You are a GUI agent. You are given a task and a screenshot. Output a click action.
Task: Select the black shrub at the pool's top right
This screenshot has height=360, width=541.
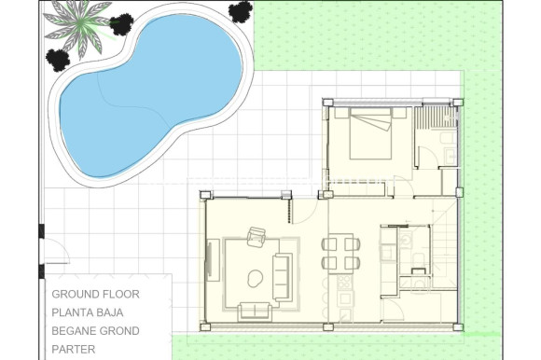point(241,11)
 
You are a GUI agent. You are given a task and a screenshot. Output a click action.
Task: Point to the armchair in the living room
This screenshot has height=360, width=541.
point(257,238)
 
